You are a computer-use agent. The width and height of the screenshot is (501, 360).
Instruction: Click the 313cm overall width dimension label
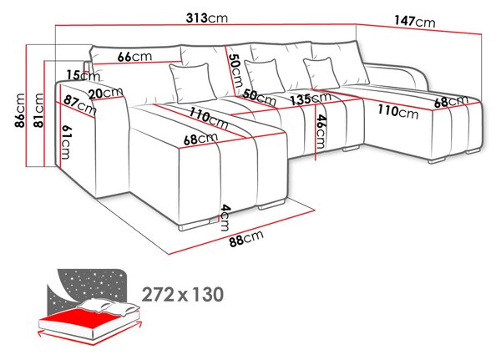pyautogui.click(x=207, y=18)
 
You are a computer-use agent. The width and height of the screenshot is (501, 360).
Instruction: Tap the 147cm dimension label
pyautogui.click(x=414, y=22)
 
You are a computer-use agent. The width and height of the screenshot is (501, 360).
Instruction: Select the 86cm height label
pyautogui.click(x=19, y=110)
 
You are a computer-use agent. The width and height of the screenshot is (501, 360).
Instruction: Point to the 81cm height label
pyautogui.click(x=38, y=110)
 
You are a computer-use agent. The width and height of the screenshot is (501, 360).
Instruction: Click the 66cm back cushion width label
pyautogui.click(x=134, y=57)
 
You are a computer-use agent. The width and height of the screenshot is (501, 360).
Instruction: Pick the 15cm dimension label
pyautogui.click(x=83, y=76)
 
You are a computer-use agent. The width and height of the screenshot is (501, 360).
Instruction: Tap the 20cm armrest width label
pyautogui.click(x=106, y=93)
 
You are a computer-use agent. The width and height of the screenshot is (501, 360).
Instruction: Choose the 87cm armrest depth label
pyautogui.click(x=79, y=104)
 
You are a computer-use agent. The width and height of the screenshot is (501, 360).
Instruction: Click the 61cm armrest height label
pyautogui.click(x=65, y=142)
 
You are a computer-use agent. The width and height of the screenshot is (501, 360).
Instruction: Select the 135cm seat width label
pyautogui.click(x=311, y=99)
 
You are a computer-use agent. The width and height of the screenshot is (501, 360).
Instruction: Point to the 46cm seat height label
pyautogui.click(x=321, y=132)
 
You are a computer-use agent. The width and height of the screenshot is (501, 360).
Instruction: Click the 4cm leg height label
pyautogui.click(x=225, y=217)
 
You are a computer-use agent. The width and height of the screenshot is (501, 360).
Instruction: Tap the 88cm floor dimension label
pyautogui.click(x=246, y=238)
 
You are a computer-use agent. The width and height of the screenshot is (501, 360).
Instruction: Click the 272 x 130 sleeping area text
pyautogui.click(x=182, y=295)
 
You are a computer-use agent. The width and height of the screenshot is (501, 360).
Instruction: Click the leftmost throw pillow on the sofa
pyautogui.click(x=192, y=84)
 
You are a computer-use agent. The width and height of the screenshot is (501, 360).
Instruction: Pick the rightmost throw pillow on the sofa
pyautogui.click(x=321, y=74)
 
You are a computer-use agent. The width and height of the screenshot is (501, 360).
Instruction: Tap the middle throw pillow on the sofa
pyautogui.click(x=265, y=77)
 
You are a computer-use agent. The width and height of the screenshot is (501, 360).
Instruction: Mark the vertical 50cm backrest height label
pyautogui.click(x=236, y=70)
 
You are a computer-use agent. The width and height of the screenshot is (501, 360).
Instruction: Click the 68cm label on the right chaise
pyautogui.click(x=451, y=101)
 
